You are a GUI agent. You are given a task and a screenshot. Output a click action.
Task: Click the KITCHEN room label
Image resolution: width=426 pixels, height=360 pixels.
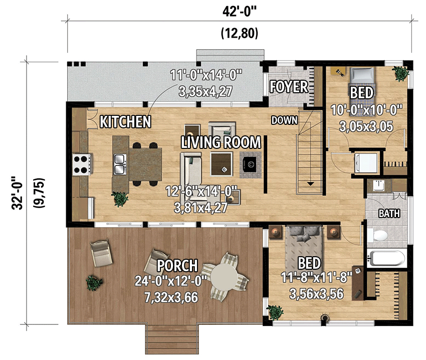point(125,121)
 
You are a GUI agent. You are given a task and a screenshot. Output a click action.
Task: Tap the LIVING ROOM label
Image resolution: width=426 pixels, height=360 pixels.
point(221,142)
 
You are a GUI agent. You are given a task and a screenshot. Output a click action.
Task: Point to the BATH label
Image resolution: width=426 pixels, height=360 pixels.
point(389,214)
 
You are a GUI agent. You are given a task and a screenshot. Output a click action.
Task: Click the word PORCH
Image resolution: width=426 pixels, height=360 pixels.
point(177,265)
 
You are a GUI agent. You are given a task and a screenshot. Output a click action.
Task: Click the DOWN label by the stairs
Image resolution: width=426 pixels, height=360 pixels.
point(285,120)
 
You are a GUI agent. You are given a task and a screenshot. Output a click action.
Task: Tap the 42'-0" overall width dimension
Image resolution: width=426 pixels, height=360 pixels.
point(239,11)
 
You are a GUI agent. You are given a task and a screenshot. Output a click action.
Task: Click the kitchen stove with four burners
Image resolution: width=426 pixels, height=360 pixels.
point(82,164)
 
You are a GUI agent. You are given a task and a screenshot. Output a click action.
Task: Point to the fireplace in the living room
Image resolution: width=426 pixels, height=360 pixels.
point(250,163)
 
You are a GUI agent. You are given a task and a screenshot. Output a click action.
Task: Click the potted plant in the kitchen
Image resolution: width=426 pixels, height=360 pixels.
point(120,199)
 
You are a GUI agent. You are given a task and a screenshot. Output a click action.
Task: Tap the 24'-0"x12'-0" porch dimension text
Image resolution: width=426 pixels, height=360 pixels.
point(166,281)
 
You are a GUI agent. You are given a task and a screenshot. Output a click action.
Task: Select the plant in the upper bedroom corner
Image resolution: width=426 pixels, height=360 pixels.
point(400,73)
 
